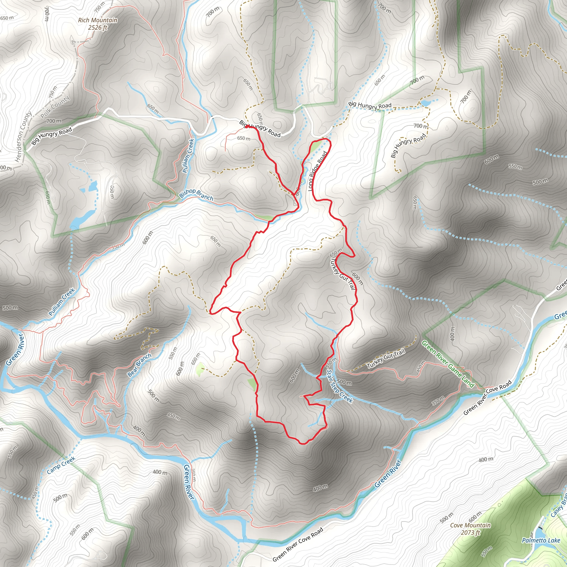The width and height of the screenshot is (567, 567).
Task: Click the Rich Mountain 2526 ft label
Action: (98, 24)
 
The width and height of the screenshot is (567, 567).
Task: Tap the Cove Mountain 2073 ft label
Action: (470, 529)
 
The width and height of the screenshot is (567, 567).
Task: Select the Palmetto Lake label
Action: (541, 540)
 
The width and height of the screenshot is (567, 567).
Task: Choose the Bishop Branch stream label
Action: (196, 194)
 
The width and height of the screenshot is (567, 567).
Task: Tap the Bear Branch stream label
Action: (140, 365)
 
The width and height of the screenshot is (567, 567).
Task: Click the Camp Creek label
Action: (61, 465)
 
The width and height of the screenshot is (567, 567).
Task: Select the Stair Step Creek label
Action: (339, 386)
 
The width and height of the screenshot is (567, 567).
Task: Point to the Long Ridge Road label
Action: (317, 171)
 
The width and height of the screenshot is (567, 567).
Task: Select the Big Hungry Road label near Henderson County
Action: (52, 136)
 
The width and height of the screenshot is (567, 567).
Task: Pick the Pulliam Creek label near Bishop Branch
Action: (188, 156)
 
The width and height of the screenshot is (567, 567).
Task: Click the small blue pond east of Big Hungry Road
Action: (426, 103)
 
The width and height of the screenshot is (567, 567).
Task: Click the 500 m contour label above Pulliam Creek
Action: (10, 308)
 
